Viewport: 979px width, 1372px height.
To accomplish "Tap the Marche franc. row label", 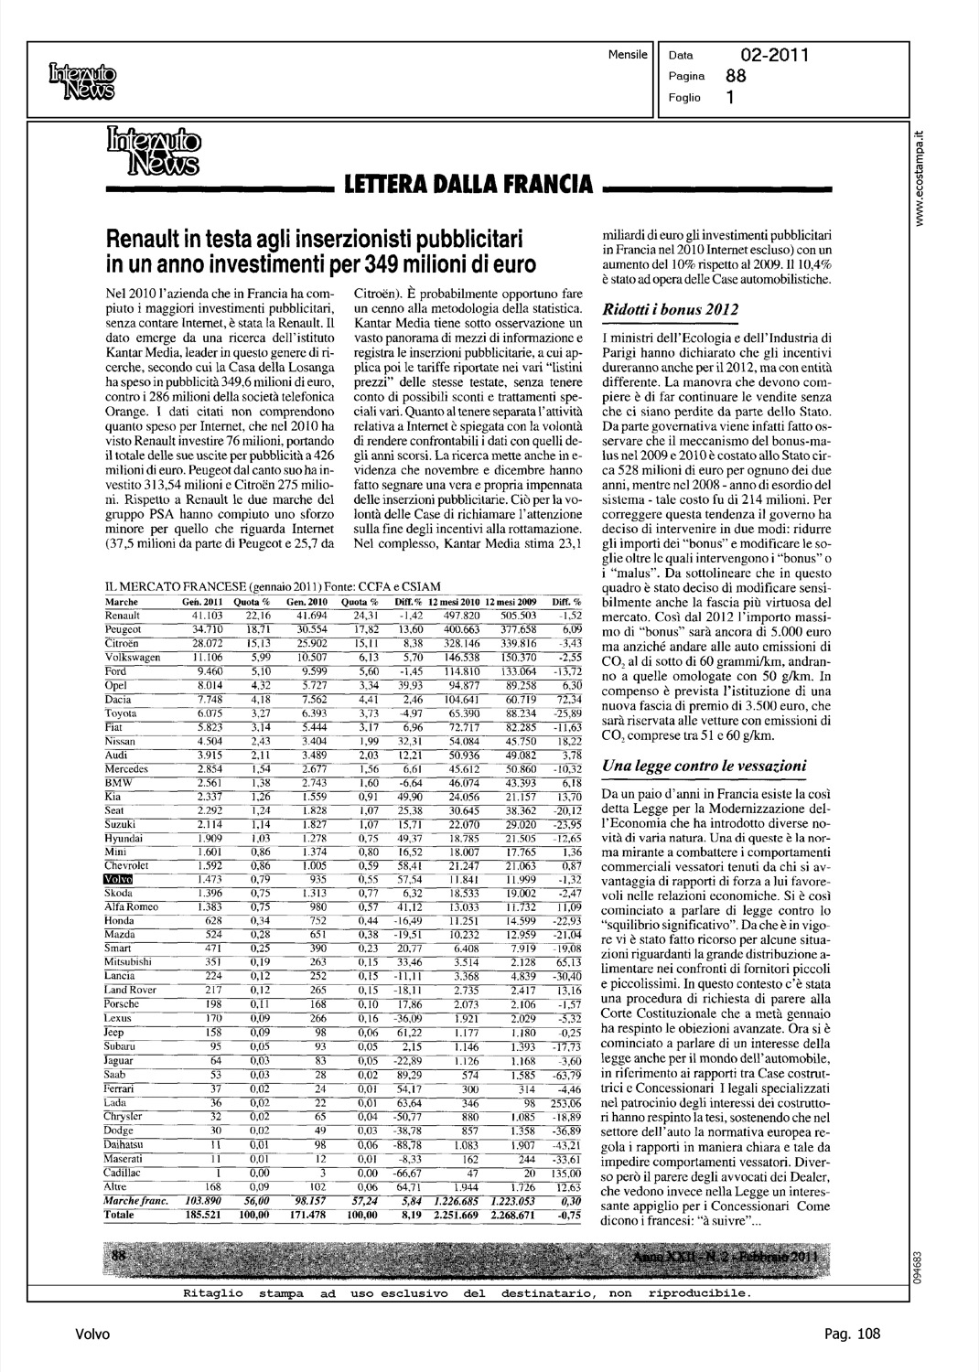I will click(x=134, y=1202).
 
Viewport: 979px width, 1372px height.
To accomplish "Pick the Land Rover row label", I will click(x=130, y=990).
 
